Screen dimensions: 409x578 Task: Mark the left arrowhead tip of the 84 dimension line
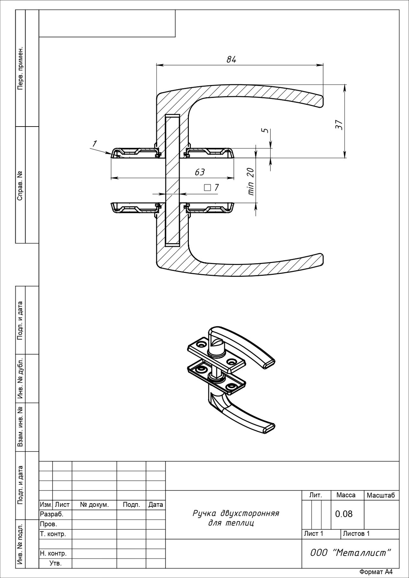(x=156, y=65)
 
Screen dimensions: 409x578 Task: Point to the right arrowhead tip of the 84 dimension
(x=323, y=65)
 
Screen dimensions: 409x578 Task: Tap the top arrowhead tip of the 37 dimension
(x=345, y=84)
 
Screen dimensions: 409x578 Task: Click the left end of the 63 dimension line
(x=111, y=177)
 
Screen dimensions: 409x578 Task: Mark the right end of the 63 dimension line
(x=234, y=177)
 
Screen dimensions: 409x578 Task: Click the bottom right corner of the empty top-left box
(x=175, y=37)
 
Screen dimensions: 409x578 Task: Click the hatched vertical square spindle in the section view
(x=172, y=180)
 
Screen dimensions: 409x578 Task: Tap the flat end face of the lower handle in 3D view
(x=269, y=428)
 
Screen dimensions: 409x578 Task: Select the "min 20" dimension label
(x=251, y=181)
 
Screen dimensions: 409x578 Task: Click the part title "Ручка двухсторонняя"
(x=236, y=513)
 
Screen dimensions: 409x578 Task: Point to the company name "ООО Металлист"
(x=351, y=552)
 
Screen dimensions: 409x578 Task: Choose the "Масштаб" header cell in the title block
(x=381, y=495)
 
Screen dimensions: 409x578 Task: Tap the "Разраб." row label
(x=52, y=514)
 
